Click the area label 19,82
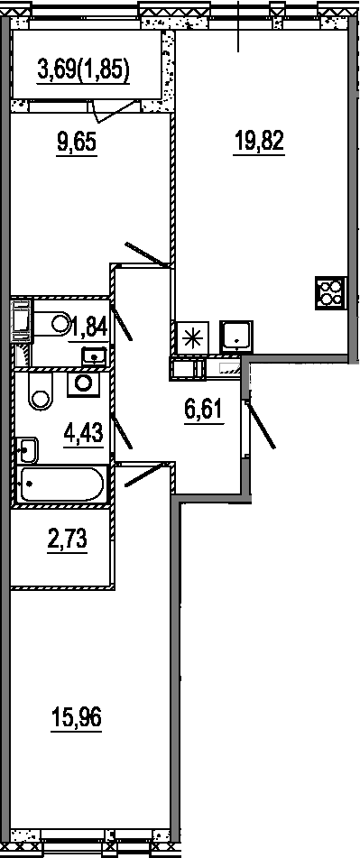[x=259, y=143]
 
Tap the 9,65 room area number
[x=77, y=143]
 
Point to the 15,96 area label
[x=77, y=716]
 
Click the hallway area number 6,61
[x=204, y=410]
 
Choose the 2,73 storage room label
[x=68, y=540]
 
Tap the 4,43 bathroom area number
[x=83, y=436]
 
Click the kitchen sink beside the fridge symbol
[x=236, y=336]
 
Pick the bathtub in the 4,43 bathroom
[x=60, y=484]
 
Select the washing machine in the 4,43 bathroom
[x=84, y=384]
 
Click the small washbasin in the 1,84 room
[x=96, y=356]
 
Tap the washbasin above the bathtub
[x=27, y=450]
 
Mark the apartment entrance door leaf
[x=261, y=425]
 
